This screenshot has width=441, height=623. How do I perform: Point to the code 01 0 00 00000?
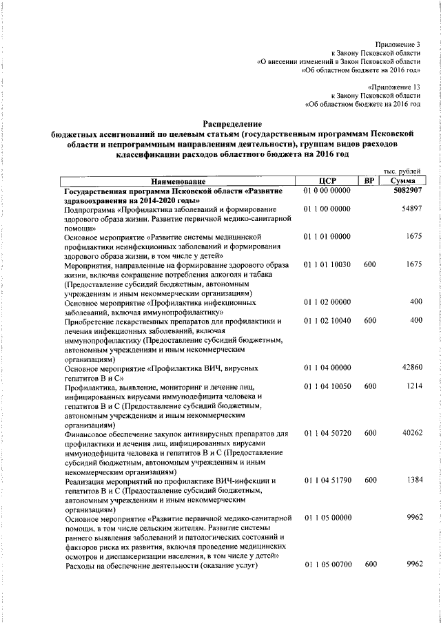(x=327, y=190)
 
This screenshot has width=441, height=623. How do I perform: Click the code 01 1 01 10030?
(x=327, y=264)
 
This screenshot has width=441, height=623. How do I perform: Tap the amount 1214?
(x=413, y=387)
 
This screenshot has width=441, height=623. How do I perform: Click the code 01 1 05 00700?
(x=327, y=564)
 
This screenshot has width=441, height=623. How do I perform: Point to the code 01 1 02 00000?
(x=327, y=302)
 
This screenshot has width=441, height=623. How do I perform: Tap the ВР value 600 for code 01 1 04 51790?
(x=370, y=480)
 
